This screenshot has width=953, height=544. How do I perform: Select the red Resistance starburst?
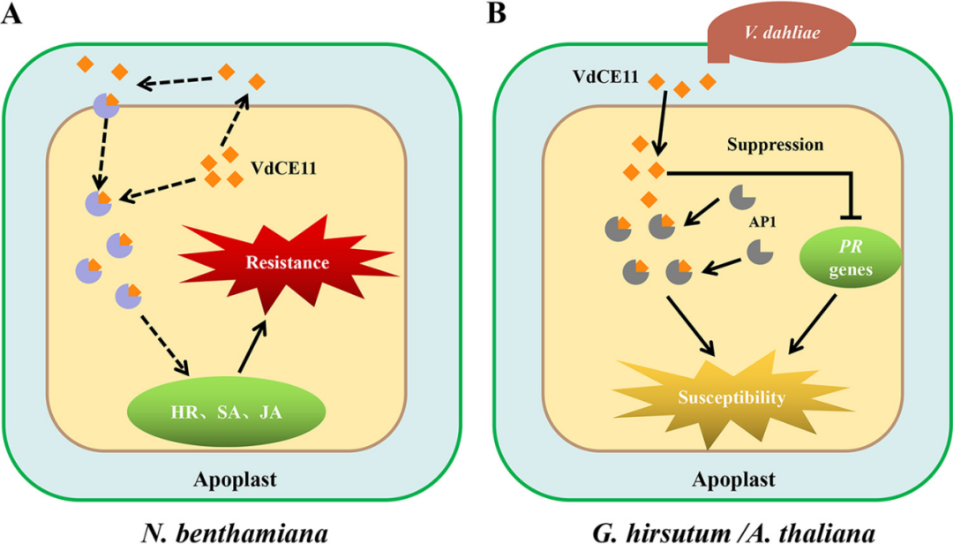[287, 262]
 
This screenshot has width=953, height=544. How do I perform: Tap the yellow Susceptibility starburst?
[731, 397]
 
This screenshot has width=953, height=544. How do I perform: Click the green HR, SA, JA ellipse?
[227, 412]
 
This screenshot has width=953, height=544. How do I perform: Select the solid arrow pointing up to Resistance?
[251, 351]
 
